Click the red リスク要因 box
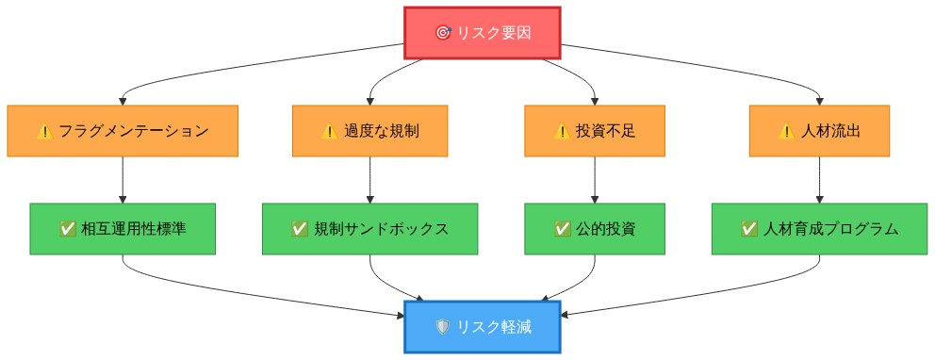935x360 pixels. pos(483,32)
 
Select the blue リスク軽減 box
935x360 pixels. pos(483,327)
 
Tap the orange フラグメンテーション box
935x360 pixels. pos(123,131)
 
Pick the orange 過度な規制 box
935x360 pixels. pos(369,131)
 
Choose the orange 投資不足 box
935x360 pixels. pos(595,131)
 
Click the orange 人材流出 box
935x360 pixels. pos(819,131)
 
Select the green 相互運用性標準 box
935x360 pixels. pos(123,229)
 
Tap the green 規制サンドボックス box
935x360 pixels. pos(369,229)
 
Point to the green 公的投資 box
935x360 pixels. pos(595,229)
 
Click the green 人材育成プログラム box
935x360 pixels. pos(819,229)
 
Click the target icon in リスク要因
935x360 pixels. pos(443,33)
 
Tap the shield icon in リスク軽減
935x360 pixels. pos(443,327)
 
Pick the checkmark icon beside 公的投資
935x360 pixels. pos(563,229)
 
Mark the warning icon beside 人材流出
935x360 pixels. pos(787,132)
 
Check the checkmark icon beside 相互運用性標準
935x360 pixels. pos(68,229)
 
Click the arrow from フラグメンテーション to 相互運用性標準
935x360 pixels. pos(123,180)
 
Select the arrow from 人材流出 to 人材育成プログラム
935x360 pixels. pos(819,180)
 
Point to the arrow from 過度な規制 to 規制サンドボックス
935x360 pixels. pos(369,180)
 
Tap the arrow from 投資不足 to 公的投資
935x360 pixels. pos(595,180)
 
